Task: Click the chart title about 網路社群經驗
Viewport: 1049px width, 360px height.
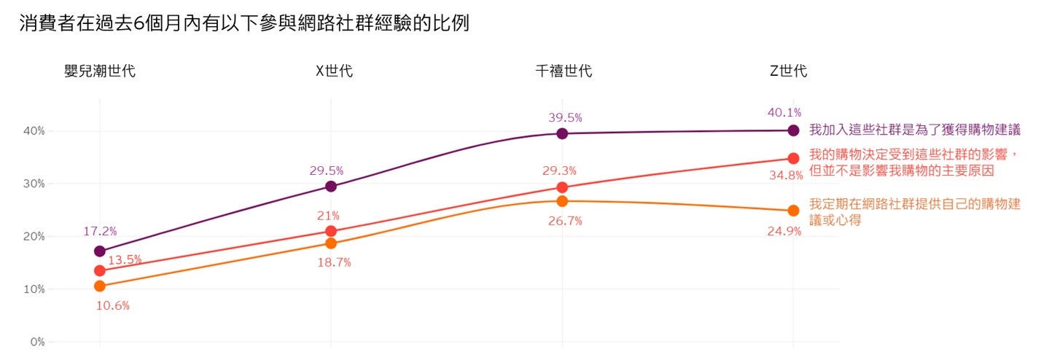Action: (245, 23)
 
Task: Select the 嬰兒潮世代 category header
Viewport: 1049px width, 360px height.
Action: (100, 71)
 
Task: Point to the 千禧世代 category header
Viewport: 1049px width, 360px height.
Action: (564, 71)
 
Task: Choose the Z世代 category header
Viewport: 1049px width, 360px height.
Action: (789, 71)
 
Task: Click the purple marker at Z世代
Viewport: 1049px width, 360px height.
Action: (793, 130)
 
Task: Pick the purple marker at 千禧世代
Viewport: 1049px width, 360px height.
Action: (562, 133)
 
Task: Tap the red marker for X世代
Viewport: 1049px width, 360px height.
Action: (331, 231)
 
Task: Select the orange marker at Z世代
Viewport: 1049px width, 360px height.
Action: (793, 211)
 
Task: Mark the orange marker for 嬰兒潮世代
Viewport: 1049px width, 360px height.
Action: (100, 286)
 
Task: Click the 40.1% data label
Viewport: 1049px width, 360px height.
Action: (784, 113)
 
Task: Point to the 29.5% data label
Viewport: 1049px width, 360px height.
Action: (326, 171)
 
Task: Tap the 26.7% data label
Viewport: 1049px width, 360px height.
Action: (565, 222)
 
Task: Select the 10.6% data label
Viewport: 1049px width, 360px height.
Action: (113, 306)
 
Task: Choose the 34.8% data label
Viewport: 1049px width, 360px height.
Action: (785, 176)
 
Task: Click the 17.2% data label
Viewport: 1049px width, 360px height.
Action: (100, 232)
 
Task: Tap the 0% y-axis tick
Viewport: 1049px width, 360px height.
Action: (37, 342)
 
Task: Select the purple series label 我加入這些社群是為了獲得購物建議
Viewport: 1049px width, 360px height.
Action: (915, 130)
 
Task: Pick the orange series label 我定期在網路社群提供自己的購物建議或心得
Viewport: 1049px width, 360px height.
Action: (915, 212)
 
